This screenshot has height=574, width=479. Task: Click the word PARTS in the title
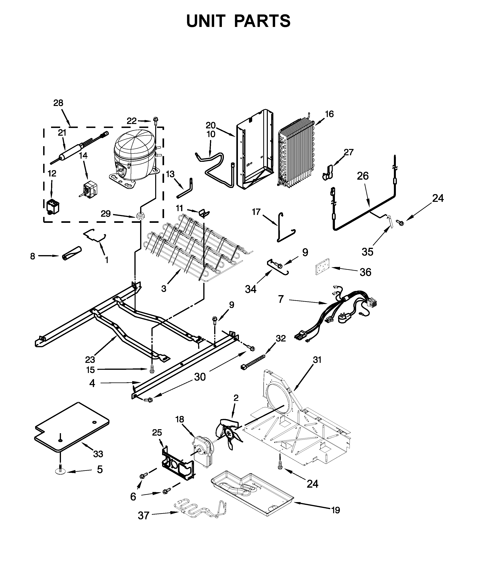[x=262, y=21]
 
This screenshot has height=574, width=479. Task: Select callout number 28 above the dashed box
[x=58, y=103]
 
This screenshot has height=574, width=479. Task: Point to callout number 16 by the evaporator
[x=330, y=114]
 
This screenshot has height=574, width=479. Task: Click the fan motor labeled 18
[x=204, y=451]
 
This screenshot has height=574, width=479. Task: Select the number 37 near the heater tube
[x=144, y=516]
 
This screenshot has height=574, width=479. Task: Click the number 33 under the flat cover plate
[x=98, y=454]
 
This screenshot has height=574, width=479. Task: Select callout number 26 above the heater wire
[x=363, y=176]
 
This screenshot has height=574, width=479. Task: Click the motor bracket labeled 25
[x=178, y=462]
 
